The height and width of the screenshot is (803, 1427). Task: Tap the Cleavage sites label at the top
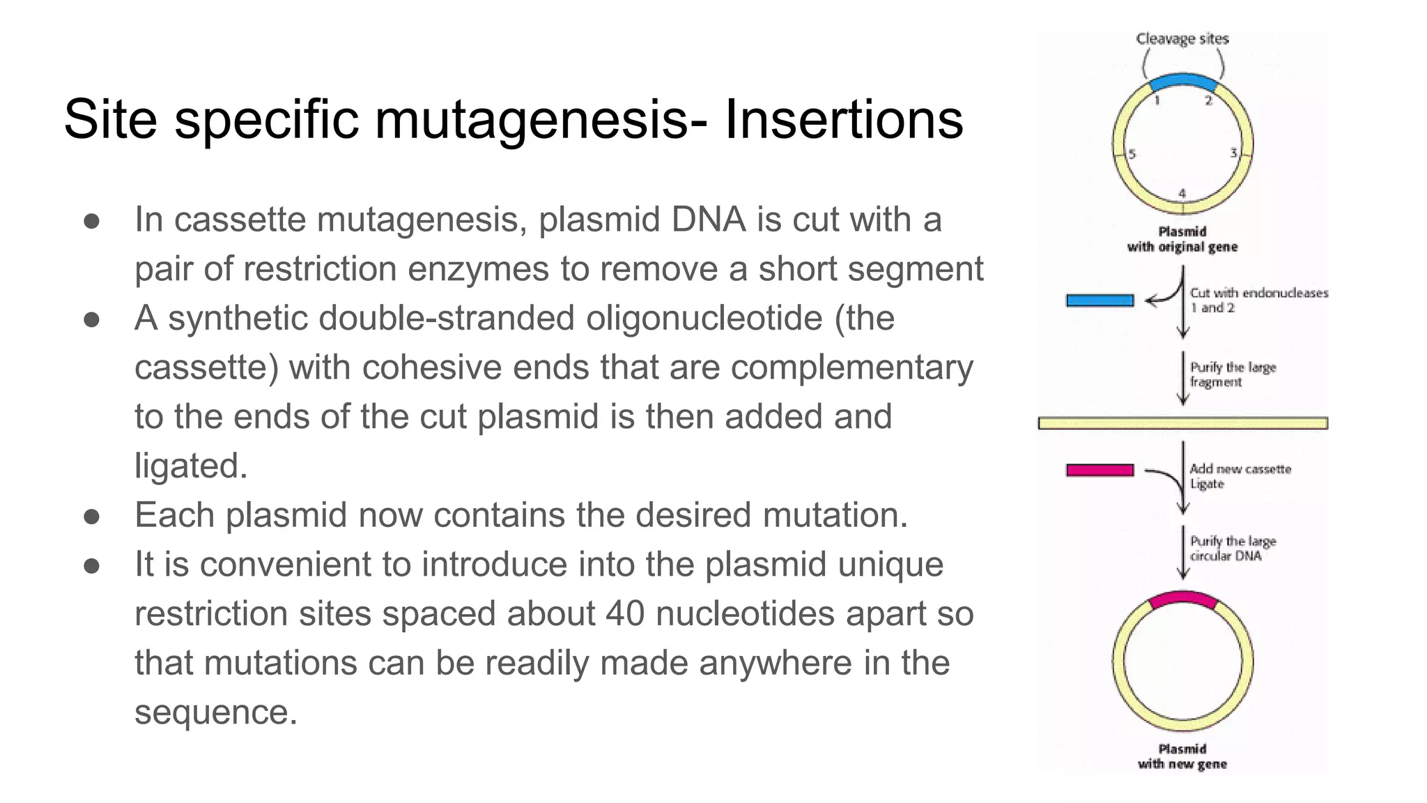[x=1182, y=39]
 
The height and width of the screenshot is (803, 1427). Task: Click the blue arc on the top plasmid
[x=1182, y=79]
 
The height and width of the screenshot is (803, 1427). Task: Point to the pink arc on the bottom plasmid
[x=1182, y=597]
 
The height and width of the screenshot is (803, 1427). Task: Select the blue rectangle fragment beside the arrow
[x=1100, y=300]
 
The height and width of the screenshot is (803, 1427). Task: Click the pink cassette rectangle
[x=1100, y=471]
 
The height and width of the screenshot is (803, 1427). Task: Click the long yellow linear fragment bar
[x=1182, y=423]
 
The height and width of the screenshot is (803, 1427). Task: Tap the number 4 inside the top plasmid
[x=1182, y=193]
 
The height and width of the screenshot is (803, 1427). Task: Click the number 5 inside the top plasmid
[x=1132, y=154]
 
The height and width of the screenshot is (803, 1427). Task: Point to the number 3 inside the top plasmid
[x=1233, y=153]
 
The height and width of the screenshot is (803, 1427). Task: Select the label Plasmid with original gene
[x=1182, y=239]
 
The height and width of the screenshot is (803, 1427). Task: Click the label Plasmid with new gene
[x=1182, y=757]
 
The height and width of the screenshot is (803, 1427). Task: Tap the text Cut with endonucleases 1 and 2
[x=1258, y=300]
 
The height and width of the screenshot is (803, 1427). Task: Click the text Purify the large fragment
[x=1232, y=374]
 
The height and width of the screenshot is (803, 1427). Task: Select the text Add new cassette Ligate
[x=1240, y=476]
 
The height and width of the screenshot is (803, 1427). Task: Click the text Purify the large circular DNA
[x=1232, y=549]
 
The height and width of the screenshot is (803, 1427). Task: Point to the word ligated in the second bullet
[x=190, y=466]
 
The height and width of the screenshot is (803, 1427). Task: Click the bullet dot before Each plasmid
[x=91, y=517]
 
